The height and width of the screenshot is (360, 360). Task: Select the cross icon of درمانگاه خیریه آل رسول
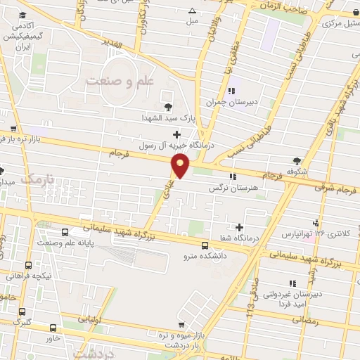tap(176, 134)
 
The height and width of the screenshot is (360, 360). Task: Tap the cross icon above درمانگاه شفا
tap(240, 227)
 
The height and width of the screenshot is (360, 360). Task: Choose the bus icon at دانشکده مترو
tap(205, 245)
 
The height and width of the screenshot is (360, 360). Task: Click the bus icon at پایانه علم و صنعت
tap(65, 233)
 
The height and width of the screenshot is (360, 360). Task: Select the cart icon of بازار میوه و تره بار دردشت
tap(182, 325)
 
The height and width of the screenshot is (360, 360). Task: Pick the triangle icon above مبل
tap(193, 11)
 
